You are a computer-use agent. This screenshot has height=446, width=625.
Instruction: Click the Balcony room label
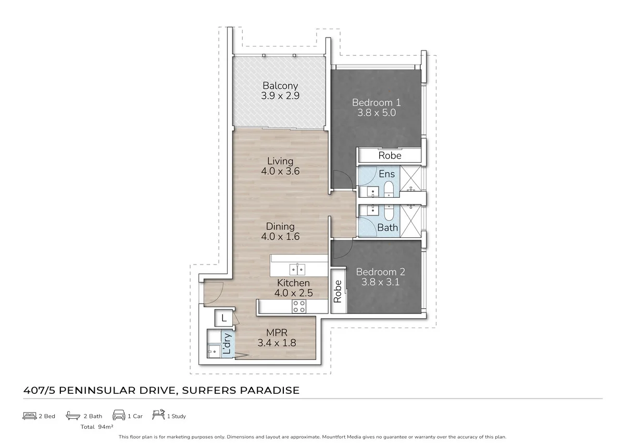click(280, 86)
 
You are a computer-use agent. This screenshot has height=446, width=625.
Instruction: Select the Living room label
click(280, 161)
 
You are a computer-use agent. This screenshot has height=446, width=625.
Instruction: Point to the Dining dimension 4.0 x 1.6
click(280, 236)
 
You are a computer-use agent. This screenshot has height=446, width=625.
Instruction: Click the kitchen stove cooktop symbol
click(299, 306)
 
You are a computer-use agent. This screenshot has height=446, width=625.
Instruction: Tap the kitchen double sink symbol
click(297, 269)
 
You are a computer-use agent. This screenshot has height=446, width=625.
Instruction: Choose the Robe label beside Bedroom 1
click(390, 155)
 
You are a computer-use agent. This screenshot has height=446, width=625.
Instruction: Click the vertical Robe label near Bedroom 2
click(337, 291)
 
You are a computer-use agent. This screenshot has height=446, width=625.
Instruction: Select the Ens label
click(386, 174)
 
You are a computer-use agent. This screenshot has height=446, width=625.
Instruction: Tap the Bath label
click(387, 227)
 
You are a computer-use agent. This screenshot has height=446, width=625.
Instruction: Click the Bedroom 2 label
click(380, 272)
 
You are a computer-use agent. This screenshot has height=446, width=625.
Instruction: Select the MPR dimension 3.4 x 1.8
click(277, 343)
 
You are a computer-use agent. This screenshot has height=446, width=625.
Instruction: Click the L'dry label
click(227, 345)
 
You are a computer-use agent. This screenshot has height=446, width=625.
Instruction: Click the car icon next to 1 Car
click(118, 416)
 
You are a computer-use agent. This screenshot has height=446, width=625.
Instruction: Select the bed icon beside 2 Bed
click(29, 416)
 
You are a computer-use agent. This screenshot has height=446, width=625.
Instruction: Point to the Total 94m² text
click(97, 427)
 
